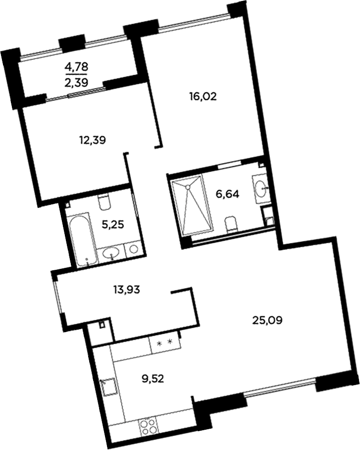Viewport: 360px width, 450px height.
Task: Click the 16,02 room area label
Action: (204, 98)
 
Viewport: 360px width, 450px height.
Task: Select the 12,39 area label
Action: (93, 140)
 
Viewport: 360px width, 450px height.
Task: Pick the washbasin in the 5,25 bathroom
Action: (111, 253)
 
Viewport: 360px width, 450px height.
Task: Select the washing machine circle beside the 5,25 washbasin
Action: (133, 250)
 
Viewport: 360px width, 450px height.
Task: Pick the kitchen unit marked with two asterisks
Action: (164, 343)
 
